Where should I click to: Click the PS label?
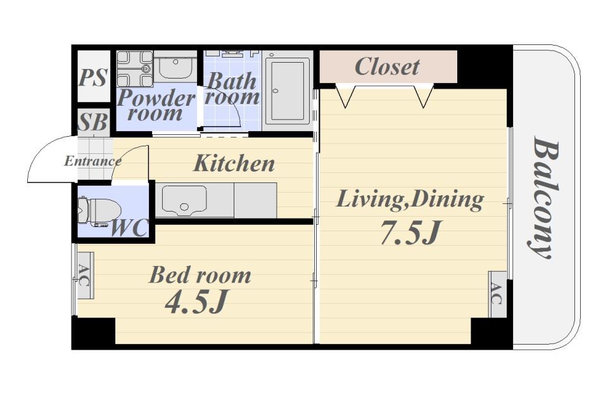(92, 77)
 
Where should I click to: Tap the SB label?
(92, 122)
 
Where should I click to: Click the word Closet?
(386, 67)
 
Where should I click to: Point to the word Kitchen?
(234, 163)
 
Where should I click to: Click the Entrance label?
(92, 160)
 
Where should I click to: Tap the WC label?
(129, 227)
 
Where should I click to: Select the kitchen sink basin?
(184, 200)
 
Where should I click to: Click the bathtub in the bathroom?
(288, 91)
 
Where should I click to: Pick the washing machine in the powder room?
(136, 69)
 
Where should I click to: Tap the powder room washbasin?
(175, 67)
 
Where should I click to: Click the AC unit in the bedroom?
(84, 276)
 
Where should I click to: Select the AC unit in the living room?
(497, 293)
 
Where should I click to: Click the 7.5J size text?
(410, 232)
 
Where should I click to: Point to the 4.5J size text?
(195, 302)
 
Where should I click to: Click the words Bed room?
(200, 275)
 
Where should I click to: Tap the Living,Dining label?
(410, 200)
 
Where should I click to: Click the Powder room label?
(156, 106)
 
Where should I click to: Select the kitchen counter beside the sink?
(255, 201)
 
